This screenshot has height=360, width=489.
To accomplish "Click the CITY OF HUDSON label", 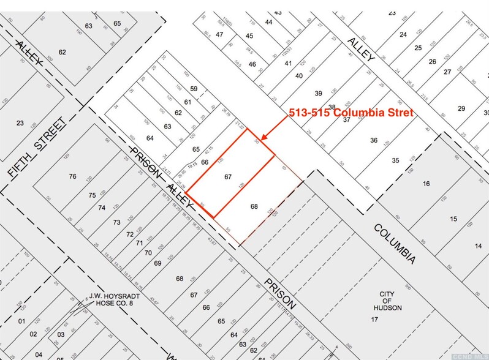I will (x=390, y=301).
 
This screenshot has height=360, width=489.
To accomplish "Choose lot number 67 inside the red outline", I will (x=228, y=176).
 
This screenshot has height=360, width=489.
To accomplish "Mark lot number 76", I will (x=73, y=176).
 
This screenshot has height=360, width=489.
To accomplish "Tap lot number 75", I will (x=92, y=195).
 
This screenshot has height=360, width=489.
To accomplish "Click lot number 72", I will (x=129, y=234).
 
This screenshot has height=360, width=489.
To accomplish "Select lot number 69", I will (x=157, y=263).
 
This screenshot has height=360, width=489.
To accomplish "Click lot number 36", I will (x=374, y=140).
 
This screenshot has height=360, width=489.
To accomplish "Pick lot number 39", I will (x=318, y=93).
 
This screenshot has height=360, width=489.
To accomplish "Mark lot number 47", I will (x=219, y=34).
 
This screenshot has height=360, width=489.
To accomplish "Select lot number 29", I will (x=461, y=108).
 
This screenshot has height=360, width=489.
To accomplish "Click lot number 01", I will (x=21, y=321).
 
